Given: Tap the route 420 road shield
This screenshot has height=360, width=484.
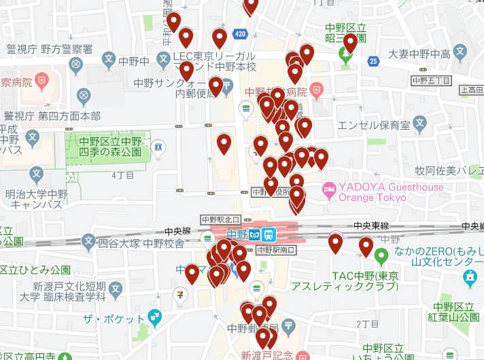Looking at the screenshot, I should coord(239,33).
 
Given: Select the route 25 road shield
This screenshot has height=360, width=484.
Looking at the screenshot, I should coord(373,62).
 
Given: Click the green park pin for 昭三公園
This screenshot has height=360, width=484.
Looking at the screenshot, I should coord(346,56).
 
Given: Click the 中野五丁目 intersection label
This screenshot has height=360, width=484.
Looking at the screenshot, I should coord(432,80).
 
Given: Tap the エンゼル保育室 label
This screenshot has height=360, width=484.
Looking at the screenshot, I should coord(375,124).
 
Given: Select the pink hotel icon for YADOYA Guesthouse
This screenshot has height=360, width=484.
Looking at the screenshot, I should coord(330,188).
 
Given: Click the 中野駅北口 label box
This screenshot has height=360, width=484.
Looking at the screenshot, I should coord(221,219).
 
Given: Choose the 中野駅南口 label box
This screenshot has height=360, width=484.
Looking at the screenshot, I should coord(277,249).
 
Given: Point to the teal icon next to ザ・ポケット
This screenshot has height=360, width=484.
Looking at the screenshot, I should coord(154,316).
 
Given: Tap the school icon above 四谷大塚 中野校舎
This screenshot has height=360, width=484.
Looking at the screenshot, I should coord(88,240).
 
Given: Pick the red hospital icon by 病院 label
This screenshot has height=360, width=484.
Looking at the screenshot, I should coord(317,90).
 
